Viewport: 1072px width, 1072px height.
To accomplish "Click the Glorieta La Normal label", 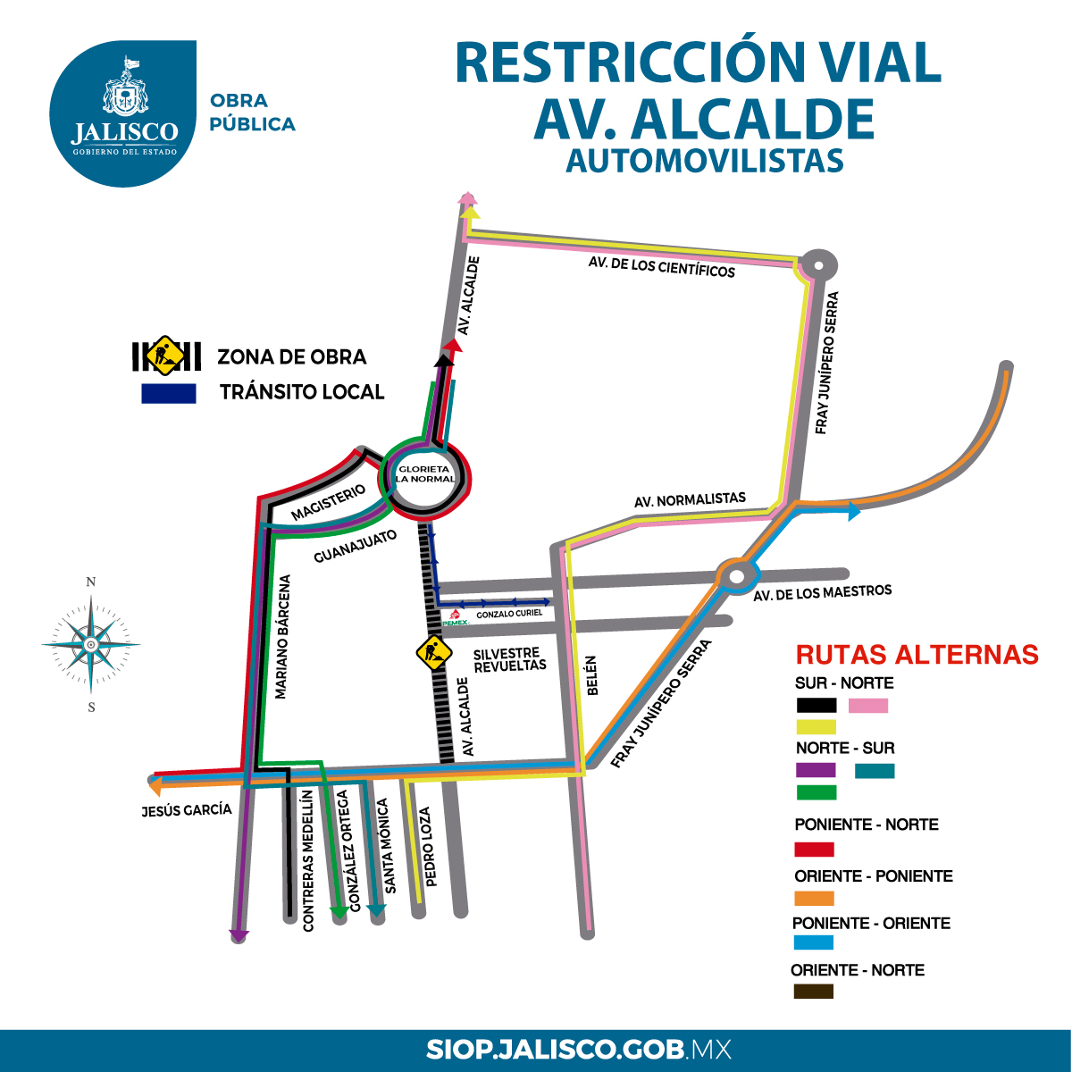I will [x=425, y=473].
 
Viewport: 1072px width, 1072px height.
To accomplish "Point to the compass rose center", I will [x=90, y=644].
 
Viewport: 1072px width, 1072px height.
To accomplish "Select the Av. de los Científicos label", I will [x=661, y=266].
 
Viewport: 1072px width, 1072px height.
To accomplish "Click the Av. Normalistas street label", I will [x=690, y=500].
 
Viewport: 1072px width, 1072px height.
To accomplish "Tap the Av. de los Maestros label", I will [x=822, y=593].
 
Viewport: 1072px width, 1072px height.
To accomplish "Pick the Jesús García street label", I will [x=187, y=810].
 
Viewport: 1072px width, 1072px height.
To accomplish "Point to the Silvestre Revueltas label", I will [x=509, y=660].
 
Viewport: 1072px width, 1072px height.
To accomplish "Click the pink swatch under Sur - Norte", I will [x=867, y=706].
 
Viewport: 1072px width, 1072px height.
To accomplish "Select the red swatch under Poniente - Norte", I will [x=814, y=849].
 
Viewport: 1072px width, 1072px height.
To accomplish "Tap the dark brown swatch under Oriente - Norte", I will [x=813, y=991].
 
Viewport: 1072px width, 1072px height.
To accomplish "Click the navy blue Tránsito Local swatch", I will [x=169, y=394].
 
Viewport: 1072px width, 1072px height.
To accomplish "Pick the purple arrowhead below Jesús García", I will [x=239, y=935].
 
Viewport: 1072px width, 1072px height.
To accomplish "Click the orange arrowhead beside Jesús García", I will [x=155, y=786].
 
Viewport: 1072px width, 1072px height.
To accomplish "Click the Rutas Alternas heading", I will [x=917, y=655].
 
